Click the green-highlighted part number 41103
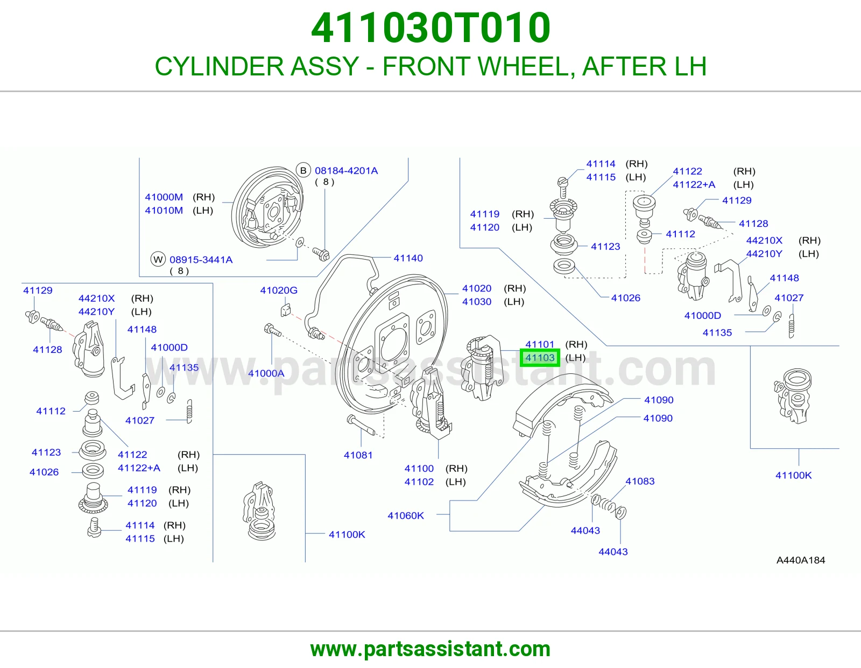pos(540,358)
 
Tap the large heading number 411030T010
pos(430,27)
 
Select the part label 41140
pos(408,258)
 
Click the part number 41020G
pos(279,290)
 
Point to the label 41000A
pos(266,373)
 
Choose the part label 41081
pos(358,455)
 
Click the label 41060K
pos(406,516)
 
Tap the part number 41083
pos(640,481)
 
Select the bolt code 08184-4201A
pos(347,171)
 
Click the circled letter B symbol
pos(304,171)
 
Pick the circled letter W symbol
pos(158,260)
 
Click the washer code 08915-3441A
pos(201,260)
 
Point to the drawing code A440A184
pos(800,560)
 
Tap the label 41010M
pos(164,210)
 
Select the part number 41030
pos(477,302)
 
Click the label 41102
pos(419,482)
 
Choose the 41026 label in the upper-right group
pos(626,298)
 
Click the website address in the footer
pos(430,649)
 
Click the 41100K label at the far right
pos(794,475)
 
